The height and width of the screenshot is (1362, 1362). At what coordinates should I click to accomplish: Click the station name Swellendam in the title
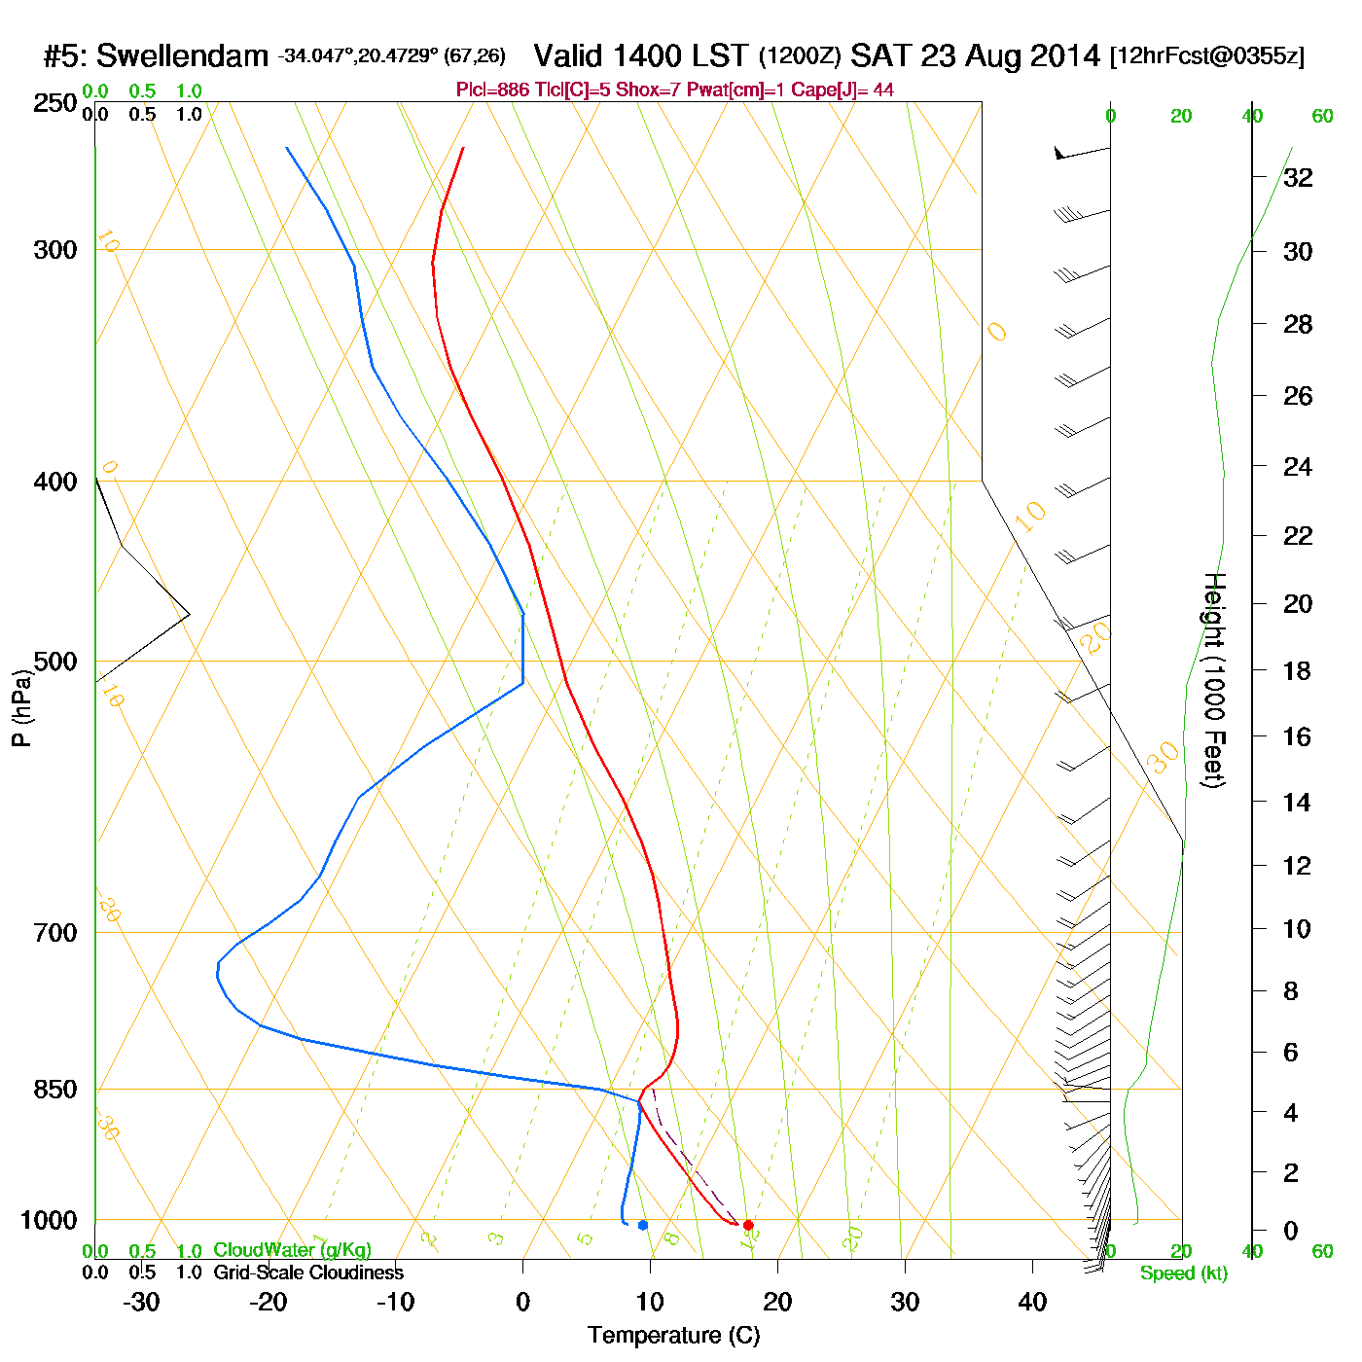(182, 56)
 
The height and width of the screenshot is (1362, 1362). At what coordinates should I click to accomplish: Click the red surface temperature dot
(748, 1225)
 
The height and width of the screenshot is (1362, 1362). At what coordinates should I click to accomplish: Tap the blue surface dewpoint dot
(643, 1225)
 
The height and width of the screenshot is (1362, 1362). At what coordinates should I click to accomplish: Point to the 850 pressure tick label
(55, 1090)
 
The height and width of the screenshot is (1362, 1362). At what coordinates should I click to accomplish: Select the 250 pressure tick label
(55, 103)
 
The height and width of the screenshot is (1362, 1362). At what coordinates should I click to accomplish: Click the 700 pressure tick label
(55, 933)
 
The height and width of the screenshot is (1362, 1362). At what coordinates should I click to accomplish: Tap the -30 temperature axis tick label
(141, 1302)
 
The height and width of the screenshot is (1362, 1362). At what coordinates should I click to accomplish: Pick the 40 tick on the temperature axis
(1032, 1302)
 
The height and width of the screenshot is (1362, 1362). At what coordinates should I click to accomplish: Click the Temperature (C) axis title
(673, 1336)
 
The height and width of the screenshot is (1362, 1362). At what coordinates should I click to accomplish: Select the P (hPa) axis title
(21, 707)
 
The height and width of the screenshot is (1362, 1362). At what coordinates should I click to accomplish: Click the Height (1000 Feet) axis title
(1214, 680)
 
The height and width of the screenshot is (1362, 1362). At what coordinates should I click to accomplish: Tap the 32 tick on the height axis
(1298, 177)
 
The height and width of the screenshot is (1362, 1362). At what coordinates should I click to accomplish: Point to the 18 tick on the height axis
(1298, 670)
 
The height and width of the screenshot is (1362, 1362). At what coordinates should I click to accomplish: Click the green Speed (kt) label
(1184, 1273)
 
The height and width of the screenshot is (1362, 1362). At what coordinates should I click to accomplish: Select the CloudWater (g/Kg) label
(292, 1250)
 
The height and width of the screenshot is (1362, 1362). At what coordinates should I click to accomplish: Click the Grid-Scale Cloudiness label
(308, 1272)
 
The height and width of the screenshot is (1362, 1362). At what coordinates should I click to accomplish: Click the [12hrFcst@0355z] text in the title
(1207, 56)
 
